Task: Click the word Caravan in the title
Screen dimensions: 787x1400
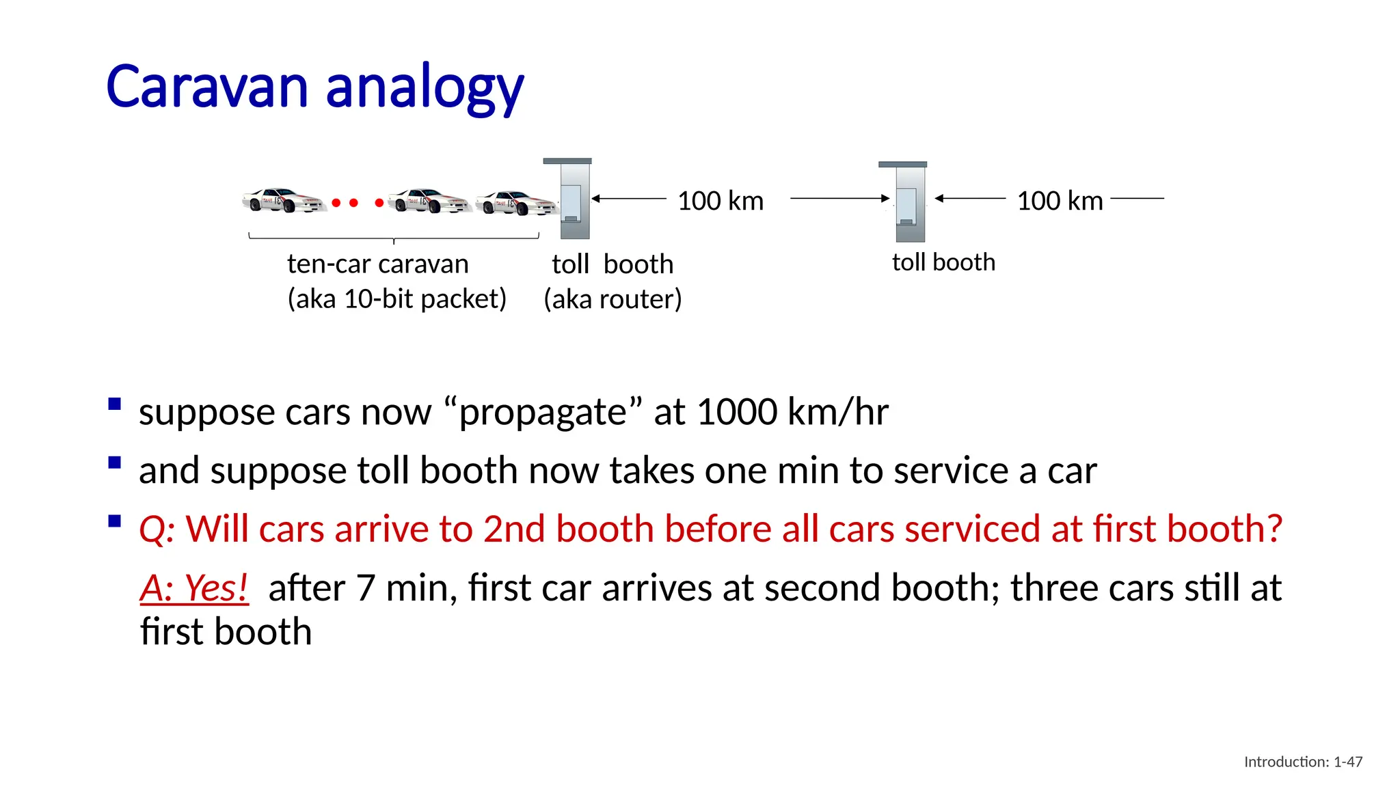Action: pos(207,87)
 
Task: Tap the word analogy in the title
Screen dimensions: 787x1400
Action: pos(425,89)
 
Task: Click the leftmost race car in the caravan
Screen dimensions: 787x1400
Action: pos(282,200)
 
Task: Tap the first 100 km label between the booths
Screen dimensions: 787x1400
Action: pos(721,201)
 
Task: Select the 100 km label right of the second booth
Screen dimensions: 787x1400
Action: pos(1060,201)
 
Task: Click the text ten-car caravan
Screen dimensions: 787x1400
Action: pos(377,264)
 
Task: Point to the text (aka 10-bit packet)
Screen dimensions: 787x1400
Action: pos(396,299)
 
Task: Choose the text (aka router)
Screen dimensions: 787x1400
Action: pos(612,299)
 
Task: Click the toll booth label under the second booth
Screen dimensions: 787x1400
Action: pos(943,262)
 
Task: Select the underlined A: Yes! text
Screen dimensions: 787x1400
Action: pos(194,588)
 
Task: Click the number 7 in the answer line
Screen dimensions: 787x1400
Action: pos(366,588)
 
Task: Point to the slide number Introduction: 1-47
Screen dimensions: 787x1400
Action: pos(1303,762)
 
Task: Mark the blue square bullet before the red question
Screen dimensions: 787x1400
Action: pos(115,523)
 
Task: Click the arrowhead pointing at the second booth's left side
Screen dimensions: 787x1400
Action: pos(886,198)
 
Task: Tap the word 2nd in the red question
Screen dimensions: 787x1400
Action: pos(515,529)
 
